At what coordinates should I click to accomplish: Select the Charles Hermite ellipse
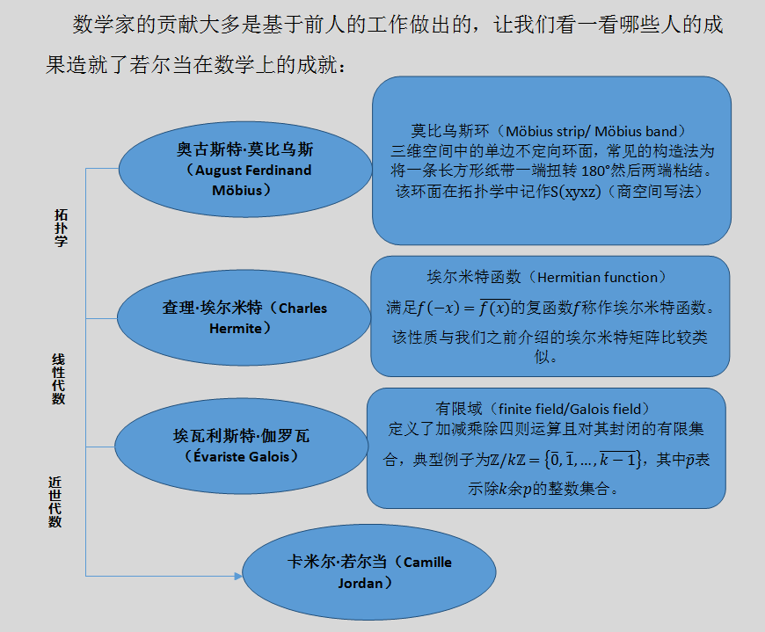[244, 317]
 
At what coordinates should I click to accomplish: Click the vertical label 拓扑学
[61, 228]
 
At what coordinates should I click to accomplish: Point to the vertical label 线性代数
[59, 379]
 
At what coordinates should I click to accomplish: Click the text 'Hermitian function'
[597, 277]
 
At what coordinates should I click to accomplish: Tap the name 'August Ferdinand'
[253, 170]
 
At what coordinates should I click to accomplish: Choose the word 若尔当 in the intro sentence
[180, 64]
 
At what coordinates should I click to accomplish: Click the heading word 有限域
[459, 409]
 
